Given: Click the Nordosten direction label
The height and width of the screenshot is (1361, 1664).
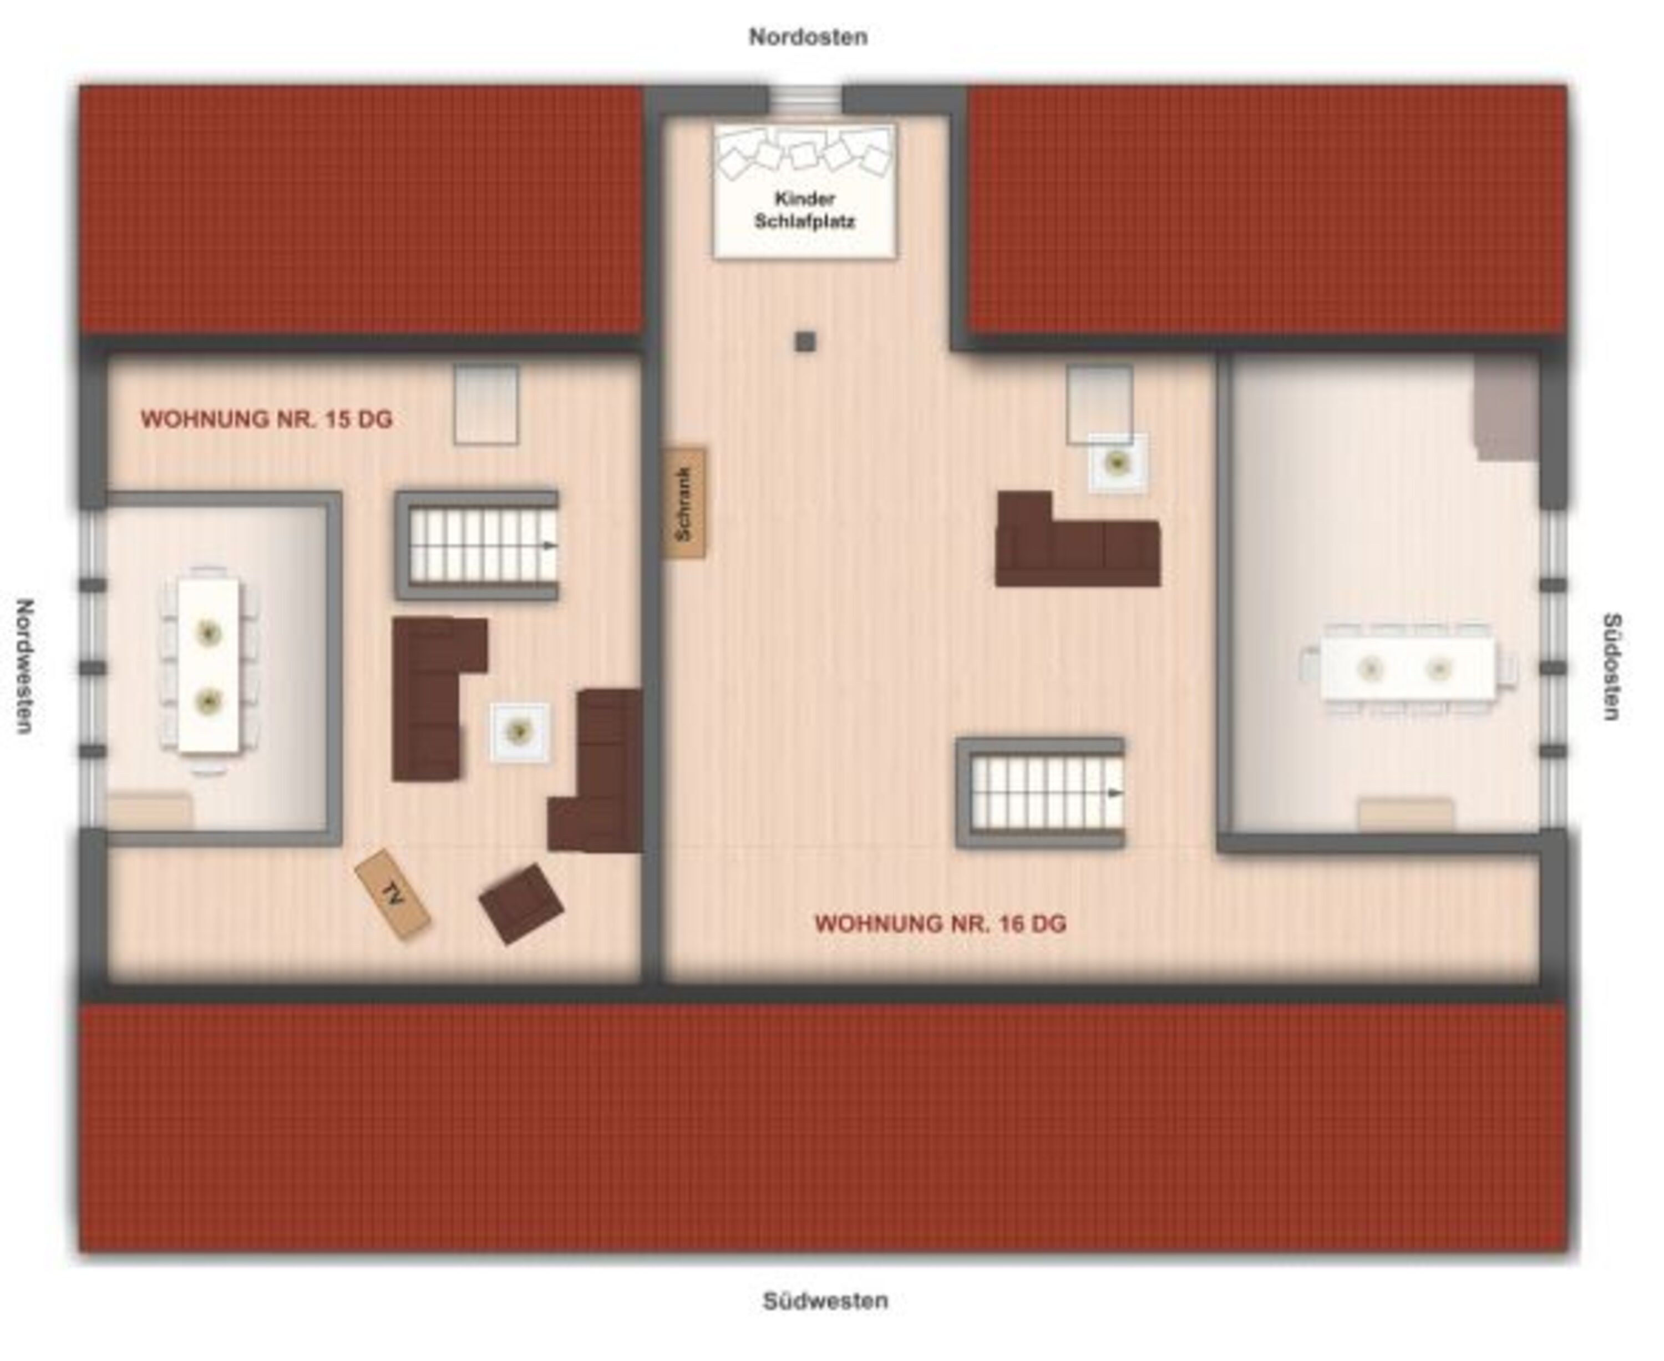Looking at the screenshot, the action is pos(808,37).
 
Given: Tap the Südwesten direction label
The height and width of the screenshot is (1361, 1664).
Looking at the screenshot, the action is pos(825,1301).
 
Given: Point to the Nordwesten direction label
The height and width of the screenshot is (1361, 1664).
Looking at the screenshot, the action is pos(25,666).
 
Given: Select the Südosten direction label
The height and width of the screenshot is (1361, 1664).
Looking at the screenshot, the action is pos(1611,666).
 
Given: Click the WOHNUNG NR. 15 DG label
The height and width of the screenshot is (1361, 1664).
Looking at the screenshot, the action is pos(266,419).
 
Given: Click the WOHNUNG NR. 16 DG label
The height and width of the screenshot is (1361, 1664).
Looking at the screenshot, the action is pos(941,924).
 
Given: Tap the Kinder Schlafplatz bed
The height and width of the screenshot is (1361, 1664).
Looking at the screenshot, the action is pos(805,190).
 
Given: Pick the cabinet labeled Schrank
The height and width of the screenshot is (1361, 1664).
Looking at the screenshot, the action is pos(684,503).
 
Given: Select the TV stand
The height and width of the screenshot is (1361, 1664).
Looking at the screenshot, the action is pos(392,894).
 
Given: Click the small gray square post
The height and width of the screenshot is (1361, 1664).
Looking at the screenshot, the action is pos(805,342).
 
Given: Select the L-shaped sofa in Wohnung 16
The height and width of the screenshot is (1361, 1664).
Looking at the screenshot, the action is pos(1077,539).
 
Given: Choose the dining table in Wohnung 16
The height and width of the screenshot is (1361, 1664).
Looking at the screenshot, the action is pos(1407,669).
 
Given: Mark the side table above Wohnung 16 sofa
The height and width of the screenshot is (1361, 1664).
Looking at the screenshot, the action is pos(1117,463).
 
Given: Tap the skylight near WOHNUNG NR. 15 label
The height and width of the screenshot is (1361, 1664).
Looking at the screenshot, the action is pos(486,404).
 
